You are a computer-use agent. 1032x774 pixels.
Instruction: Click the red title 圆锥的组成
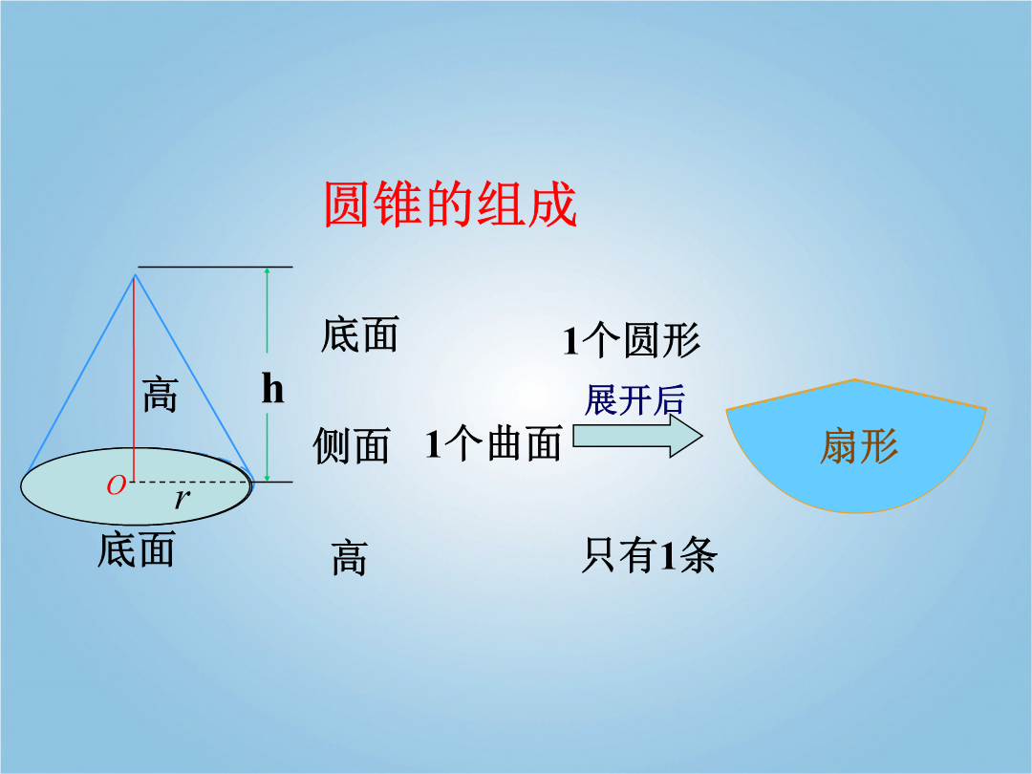coord(450,204)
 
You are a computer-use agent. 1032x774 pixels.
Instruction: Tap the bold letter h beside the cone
coord(272,388)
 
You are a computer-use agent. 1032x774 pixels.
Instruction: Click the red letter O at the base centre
coord(116,485)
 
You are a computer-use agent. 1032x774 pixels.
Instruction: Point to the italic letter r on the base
coord(182,500)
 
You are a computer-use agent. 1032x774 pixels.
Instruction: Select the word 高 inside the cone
coord(160,395)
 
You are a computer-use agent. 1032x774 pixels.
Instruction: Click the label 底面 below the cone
coord(137,549)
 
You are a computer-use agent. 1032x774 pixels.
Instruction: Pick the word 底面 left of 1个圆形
coord(360,334)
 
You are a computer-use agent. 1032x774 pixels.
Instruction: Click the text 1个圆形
coord(632,340)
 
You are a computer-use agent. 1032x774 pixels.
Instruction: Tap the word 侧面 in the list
coord(352,445)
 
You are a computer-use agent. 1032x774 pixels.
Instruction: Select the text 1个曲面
coord(493,443)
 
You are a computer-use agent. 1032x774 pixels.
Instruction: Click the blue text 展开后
coord(634,400)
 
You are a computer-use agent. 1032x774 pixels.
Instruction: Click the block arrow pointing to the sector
coord(637,436)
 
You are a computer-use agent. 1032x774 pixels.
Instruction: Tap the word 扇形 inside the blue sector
coord(859,446)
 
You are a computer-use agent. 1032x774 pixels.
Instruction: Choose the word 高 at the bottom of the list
coord(349,558)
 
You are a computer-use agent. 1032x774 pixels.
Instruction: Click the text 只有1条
coord(649,555)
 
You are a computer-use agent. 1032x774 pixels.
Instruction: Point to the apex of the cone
coord(135,274)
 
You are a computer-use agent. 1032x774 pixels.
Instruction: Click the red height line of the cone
coord(135,378)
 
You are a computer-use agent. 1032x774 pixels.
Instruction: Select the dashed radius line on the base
coord(192,482)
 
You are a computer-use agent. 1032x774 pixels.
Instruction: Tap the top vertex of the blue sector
coord(855,379)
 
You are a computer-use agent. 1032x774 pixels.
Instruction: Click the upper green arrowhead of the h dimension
coord(267,271)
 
